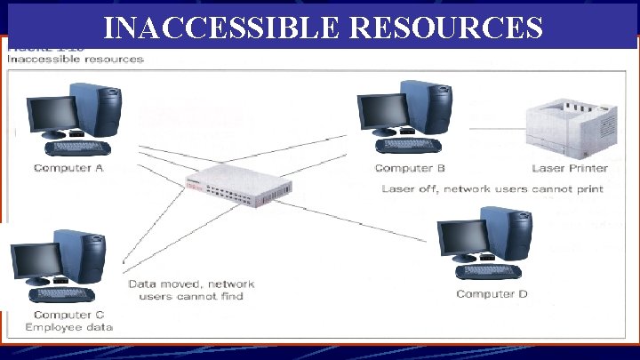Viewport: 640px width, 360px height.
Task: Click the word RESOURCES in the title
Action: point(447,28)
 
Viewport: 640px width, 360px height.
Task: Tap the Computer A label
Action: point(68,168)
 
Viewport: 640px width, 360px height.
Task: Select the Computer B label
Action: point(410,168)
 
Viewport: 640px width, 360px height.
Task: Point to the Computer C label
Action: point(68,315)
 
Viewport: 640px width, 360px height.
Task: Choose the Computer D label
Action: point(492,294)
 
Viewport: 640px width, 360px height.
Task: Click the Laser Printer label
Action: point(570,168)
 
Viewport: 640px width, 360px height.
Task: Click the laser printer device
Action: point(570,130)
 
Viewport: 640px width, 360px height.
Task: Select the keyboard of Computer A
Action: point(76,148)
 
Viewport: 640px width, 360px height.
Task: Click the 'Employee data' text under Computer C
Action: point(68,327)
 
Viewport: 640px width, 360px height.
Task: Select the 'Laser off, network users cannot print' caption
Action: point(492,189)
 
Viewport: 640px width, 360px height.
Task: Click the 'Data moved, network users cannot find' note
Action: point(192,290)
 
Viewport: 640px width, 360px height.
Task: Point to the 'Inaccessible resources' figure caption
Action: point(75,60)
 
